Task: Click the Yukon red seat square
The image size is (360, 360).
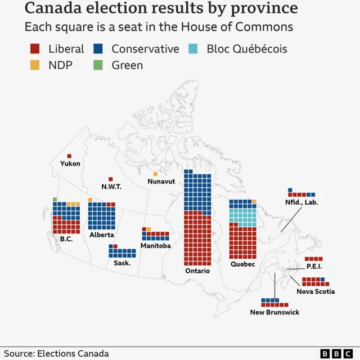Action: point(69,156)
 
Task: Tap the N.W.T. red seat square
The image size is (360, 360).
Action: point(110,179)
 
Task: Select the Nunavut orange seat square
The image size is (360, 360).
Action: point(155,174)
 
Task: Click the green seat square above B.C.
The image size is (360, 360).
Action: point(55,200)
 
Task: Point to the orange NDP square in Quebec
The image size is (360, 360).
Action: point(254,201)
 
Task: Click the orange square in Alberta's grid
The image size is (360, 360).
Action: point(90,200)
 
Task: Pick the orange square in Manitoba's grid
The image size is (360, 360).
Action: point(148,229)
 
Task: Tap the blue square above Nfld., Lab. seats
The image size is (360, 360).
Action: point(290,190)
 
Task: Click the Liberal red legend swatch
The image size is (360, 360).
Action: point(35,49)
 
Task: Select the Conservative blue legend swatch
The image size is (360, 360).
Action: point(97,49)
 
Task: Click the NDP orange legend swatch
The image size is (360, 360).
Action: point(35,65)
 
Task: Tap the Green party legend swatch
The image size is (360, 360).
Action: point(97,65)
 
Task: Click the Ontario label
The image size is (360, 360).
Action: point(197,271)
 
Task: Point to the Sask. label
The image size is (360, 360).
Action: point(121,263)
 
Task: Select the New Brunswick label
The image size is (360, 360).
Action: point(274,312)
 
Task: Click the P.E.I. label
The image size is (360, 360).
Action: point(314,266)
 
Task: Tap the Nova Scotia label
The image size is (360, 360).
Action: point(316,291)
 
